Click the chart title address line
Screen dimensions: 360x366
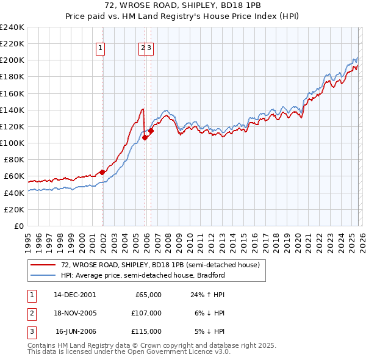pyautogui.click(x=182, y=6)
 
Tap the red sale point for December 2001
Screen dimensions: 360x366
pyautogui.click(x=102, y=172)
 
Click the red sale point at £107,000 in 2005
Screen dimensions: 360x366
pyautogui.click(x=145, y=137)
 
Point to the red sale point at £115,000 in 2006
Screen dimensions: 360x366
pyautogui.click(x=151, y=131)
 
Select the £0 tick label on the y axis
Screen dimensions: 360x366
pyautogui.click(x=18, y=226)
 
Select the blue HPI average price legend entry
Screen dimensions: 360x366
pyautogui.click(x=143, y=275)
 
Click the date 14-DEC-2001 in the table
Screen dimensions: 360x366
pyautogui.click(x=74, y=295)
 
